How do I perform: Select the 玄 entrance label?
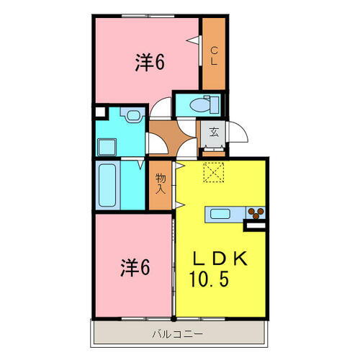point(214,132)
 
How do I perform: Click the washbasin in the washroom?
point(132,115)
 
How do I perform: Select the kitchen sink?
point(219,213)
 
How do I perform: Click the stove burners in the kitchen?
point(255,212)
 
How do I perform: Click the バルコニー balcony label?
point(177,333)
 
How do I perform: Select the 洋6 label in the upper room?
point(149,63)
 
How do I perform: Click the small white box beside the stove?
point(256,226)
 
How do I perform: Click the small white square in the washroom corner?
point(102,112)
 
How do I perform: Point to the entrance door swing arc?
point(240,132)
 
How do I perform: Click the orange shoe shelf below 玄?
point(213,150)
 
